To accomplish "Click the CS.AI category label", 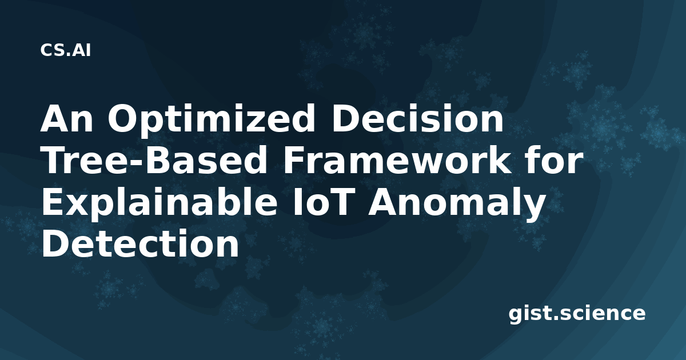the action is [66, 50].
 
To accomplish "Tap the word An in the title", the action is [66, 118].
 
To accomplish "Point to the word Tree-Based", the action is [154, 160].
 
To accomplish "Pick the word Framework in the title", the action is [397, 160].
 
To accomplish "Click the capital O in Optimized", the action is [123, 118].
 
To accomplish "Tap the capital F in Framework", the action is [293, 160].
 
